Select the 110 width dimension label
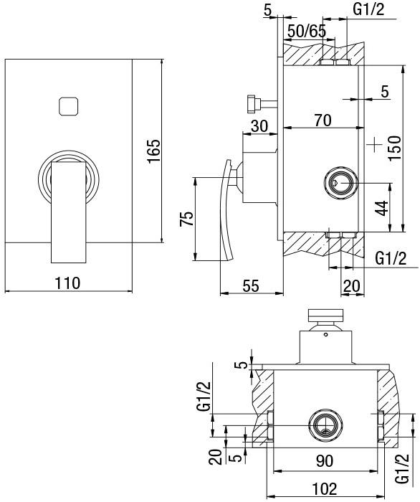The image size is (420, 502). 69,283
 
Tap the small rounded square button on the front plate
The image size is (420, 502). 69,107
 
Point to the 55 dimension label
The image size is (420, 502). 249,285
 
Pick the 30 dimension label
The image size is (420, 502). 259,126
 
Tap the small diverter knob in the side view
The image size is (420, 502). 252,103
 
